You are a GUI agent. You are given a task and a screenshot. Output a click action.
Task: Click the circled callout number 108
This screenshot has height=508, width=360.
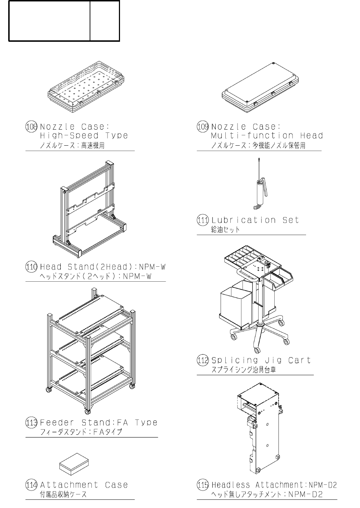coord(31,127)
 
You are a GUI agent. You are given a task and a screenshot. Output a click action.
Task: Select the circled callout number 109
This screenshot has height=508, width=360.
coord(203,127)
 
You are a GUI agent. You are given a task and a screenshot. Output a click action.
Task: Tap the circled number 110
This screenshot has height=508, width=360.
coord(31,267)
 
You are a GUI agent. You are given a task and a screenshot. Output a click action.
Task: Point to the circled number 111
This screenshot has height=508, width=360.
coord(203,220)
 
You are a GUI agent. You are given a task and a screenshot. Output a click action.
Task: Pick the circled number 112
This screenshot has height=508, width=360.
coord(203,360)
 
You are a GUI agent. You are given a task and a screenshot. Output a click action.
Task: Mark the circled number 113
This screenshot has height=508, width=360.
coord(31,423)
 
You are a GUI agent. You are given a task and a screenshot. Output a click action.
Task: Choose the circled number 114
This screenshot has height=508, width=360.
coord(31,485)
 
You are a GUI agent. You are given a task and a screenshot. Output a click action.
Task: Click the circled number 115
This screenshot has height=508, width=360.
coord(203,485)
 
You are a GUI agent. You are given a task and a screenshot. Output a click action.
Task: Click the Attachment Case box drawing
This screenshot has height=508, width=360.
coord(74,463)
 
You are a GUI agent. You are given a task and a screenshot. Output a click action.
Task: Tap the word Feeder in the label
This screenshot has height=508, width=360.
coord(57,423)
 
